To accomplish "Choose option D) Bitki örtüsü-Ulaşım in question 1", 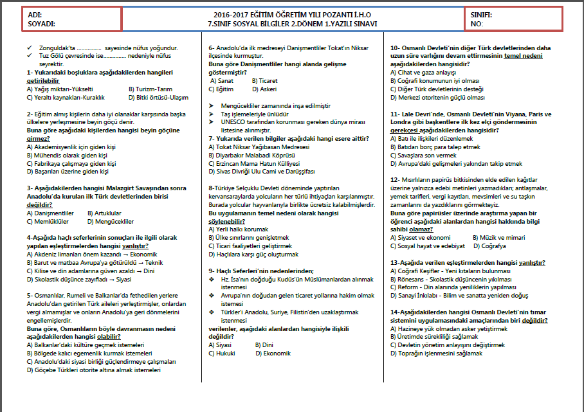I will click(x=158, y=97).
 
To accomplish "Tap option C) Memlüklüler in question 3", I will click(x=48, y=221).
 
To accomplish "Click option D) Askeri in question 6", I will click(x=266, y=89).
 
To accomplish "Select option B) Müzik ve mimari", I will click(x=498, y=237).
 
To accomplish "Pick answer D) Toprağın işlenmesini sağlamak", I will click(x=436, y=353).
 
